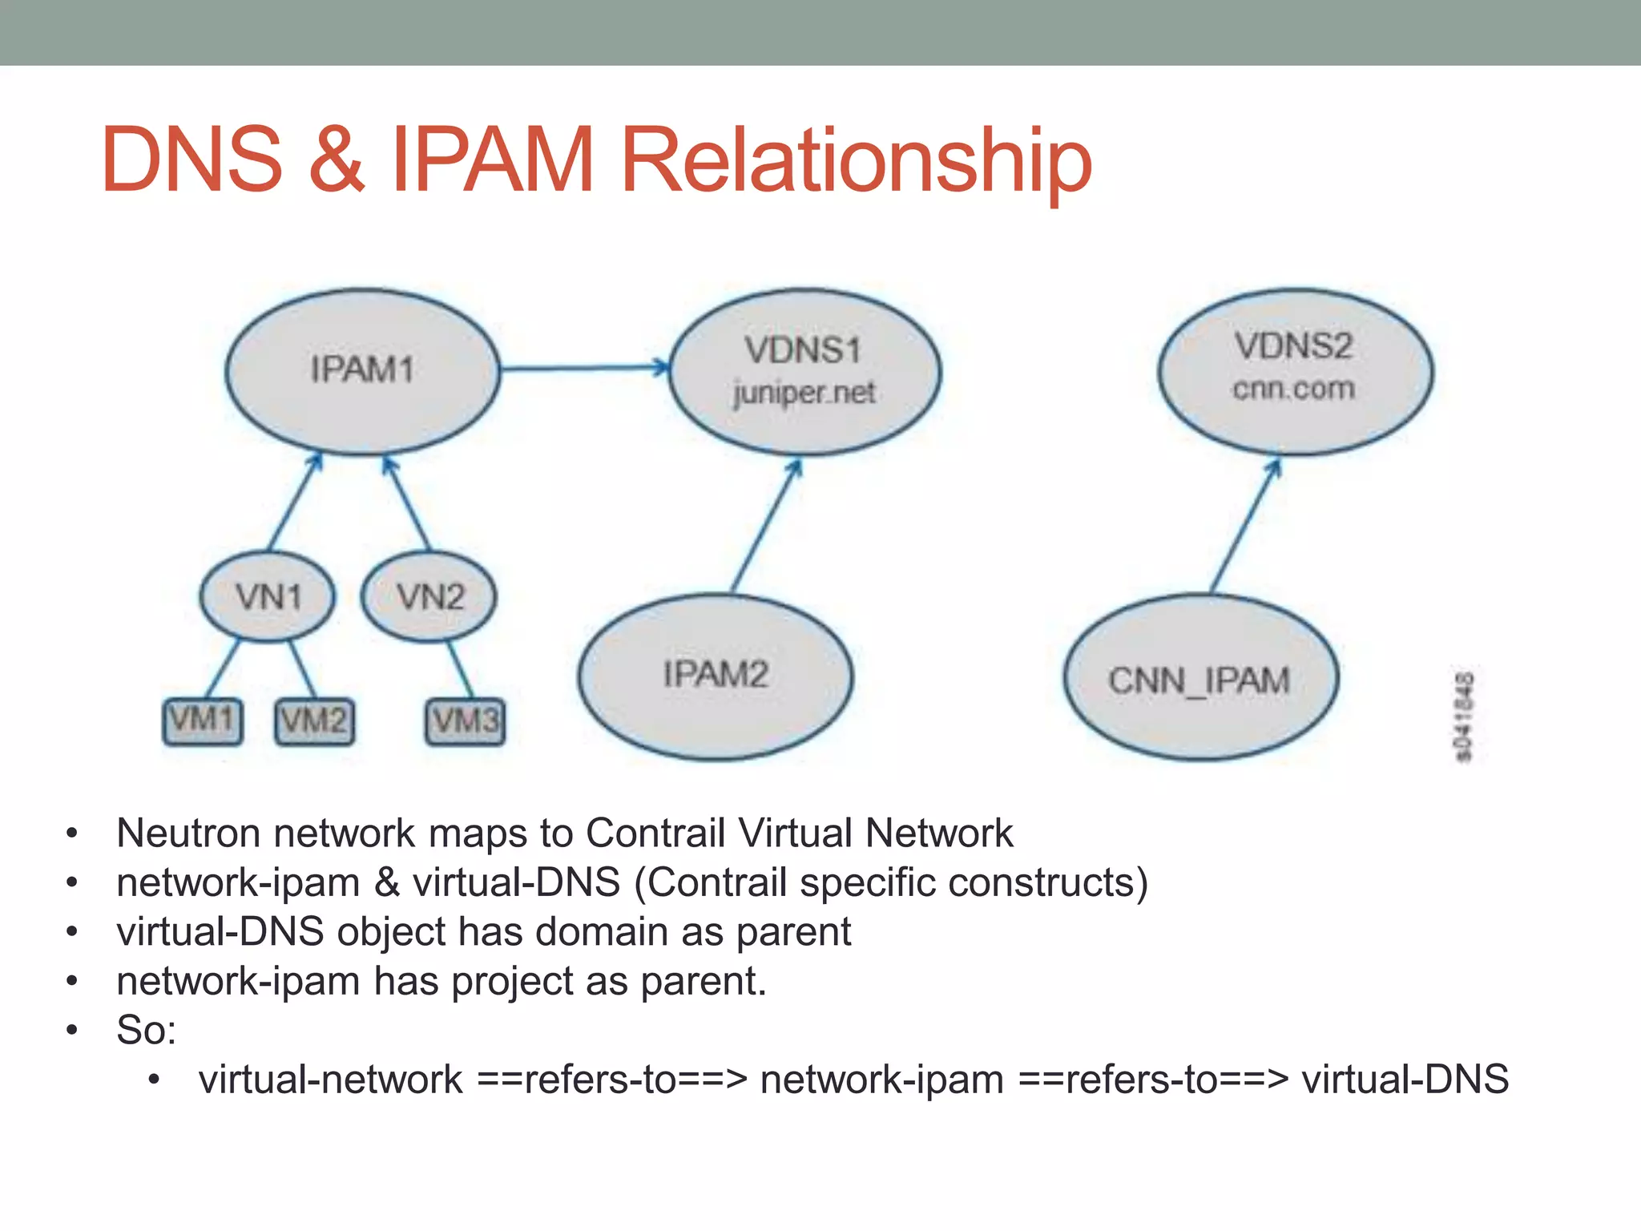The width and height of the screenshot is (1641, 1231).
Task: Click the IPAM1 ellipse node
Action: (x=362, y=371)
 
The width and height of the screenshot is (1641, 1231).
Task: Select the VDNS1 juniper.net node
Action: (x=804, y=371)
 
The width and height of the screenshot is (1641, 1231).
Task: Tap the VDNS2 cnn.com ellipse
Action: (x=1295, y=369)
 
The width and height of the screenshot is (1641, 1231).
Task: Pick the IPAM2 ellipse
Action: (x=715, y=676)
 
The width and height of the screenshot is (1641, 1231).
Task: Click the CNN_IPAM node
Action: (x=1200, y=679)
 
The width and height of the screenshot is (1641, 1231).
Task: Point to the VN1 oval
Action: (x=268, y=597)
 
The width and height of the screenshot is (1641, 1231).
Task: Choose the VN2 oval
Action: (x=429, y=597)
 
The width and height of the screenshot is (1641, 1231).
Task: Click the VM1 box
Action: (x=203, y=721)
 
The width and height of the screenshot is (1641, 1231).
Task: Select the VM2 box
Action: (x=314, y=721)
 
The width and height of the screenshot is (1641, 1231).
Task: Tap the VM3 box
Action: (x=466, y=721)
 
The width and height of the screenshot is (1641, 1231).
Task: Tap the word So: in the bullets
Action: (x=146, y=1031)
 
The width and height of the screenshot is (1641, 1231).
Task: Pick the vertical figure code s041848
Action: (x=1462, y=717)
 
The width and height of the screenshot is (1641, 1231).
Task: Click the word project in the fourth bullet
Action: (x=511, y=982)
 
